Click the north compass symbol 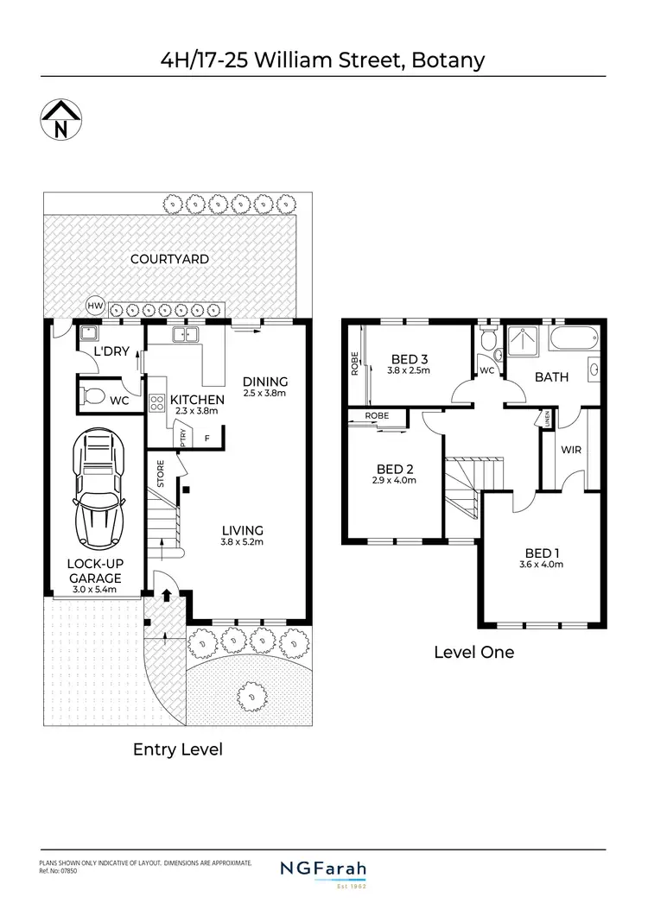pyautogui.click(x=61, y=120)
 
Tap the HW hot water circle pyautogui.click(x=95, y=306)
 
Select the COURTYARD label pyautogui.click(x=169, y=259)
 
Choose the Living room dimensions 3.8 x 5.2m pyautogui.click(x=242, y=542)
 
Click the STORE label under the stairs pyautogui.click(x=162, y=474)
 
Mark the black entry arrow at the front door pyautogui.click(x=166, y=595)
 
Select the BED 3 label pyautogui.click(x=410, y=358)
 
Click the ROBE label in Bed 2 pyautogui.click(x=376, y=415)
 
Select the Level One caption pyautogui.click(x=473, y=652)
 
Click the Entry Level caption pyautogui.click(x=177, y=749)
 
